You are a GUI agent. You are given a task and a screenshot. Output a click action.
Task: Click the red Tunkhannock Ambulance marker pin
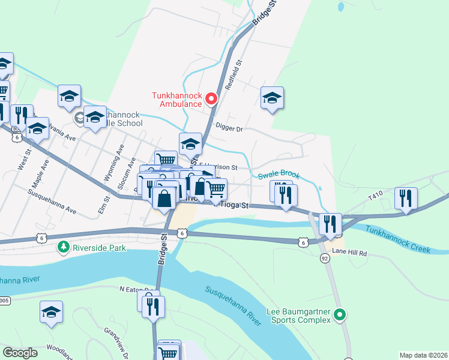click(211, 99)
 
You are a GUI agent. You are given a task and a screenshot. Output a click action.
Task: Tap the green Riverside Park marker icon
click(63, 247)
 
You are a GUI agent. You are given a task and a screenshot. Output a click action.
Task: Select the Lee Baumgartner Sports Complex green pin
click(340, 314)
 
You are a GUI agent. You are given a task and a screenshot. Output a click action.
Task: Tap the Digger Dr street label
click(229, 128)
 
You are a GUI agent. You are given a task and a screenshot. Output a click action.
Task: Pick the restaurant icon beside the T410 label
click(406, 199)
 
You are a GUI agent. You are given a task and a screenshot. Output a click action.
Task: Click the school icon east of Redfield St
click(272, 98)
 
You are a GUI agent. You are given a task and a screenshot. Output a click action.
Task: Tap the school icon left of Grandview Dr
click(52, 313)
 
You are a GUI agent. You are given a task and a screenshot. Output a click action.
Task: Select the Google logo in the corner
click(20, 353)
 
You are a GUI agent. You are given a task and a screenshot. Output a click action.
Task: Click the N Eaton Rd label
click(133, 289)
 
